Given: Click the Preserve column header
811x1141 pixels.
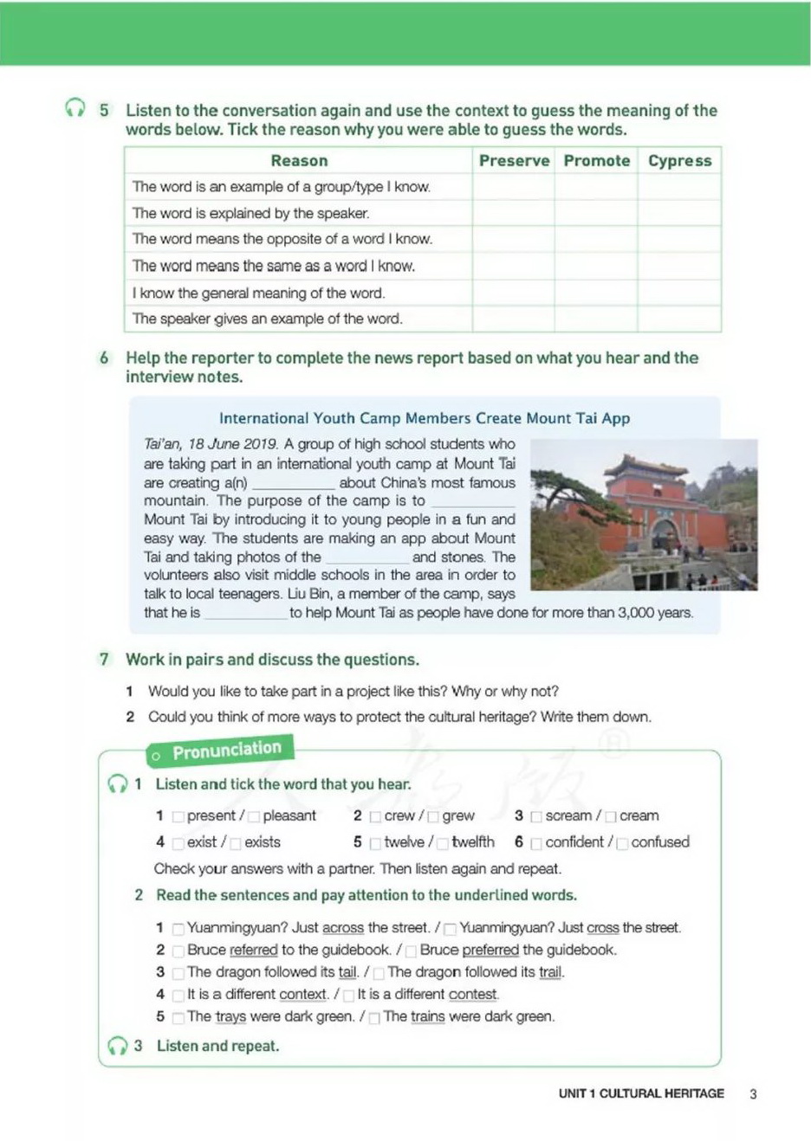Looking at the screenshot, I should click(x=514, y=160).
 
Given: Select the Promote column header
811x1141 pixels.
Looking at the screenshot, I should click(x=597, y=160).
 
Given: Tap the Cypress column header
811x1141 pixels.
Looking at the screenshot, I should click(x=679, y=160).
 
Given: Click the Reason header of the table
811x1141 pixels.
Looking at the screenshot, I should click(x=299, y=160).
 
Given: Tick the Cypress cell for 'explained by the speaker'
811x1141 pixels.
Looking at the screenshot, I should click(x=679, y=213).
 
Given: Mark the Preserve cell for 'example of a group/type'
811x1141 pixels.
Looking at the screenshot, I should click(x=514, y=187).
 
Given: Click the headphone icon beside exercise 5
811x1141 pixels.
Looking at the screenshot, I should click(x=75, y=108).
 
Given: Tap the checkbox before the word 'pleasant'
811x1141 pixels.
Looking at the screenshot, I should click(x=254, y=816).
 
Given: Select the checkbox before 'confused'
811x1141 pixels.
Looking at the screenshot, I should click(x=622, y=843).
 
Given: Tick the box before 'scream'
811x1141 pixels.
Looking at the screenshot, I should click(x=536, y=816).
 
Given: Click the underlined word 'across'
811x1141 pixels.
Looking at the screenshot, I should click(x=343, y=928).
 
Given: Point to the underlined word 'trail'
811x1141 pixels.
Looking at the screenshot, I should click(x=550, y=972).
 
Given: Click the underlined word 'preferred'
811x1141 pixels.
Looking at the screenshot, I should click(x=490, y=950).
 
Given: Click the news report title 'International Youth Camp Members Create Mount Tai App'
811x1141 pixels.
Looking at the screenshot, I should click(x=425, y=418).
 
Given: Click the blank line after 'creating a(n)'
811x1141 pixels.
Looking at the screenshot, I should click(x=293, y=484).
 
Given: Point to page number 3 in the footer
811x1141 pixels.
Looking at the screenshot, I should click(x=753, y=1093).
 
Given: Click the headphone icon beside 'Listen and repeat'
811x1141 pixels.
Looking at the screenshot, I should click(x=117, y=1046).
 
